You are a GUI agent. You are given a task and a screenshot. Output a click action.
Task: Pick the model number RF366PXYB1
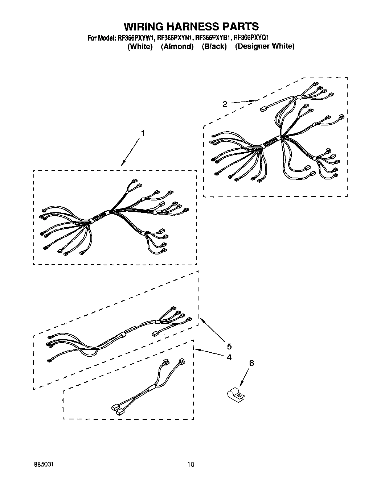pyautogui.click(x=213, y=37)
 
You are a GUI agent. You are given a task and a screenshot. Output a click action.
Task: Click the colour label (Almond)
pyautogui.click(x=177, y=46)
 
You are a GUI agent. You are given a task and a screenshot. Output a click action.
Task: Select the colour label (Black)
pyautogui.click(x=214, y=46)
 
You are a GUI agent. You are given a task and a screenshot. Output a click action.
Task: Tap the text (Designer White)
pyautogui.click(x=265, y=46)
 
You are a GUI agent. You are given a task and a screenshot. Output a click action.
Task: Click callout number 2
pyautogui.click(x=225, y=104)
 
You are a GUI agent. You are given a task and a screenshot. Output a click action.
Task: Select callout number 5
pyautogui.click(x=229, y=346)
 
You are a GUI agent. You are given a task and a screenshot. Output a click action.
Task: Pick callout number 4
pyautogui.click(x=229, y=357)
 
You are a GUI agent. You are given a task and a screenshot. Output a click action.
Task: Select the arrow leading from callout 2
pyautogui.click(x=243, y=102)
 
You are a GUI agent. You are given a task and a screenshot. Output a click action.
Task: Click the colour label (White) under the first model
pyautogui.click(x=140, y=46)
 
